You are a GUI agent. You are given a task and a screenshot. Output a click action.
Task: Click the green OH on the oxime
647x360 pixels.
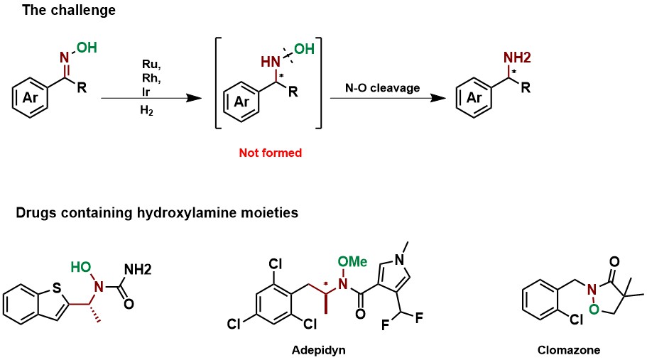click(87, 48)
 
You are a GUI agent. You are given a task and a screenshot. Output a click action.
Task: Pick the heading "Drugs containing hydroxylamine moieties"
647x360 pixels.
click(122, 212)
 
